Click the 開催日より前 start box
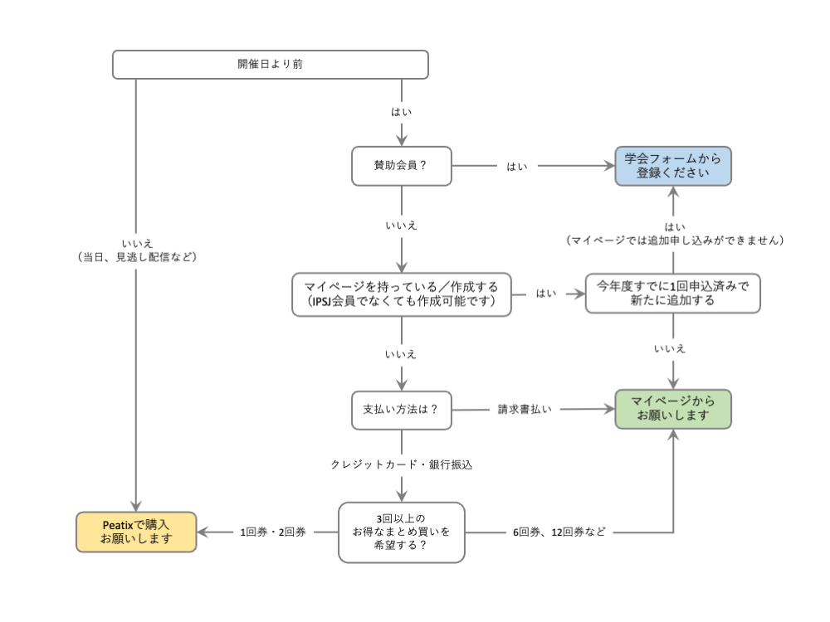coord(270,64)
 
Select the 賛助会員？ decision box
coord(401,166)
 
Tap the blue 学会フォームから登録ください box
coord(673,166)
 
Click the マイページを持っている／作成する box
coord(401,294)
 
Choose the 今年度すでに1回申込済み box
coord(672,294)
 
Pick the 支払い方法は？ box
coord(401,410)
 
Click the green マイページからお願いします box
coord(673,409)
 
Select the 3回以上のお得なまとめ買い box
coord(401,532)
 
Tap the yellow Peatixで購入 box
coord(136,532)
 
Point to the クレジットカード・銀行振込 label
coord(402,465)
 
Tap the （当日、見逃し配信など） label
coord(135,257)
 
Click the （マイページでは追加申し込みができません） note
coord(674,241)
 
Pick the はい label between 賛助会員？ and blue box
coord(516,167)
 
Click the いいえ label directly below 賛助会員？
coord(401,226)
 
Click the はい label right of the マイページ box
coord(546,294)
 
